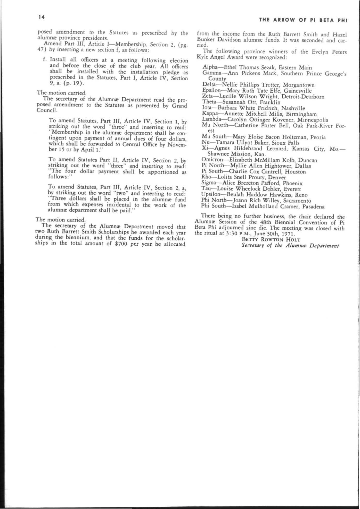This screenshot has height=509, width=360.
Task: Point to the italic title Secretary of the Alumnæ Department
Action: click(290, 246)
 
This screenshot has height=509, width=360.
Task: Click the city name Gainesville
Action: click(298, 91)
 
